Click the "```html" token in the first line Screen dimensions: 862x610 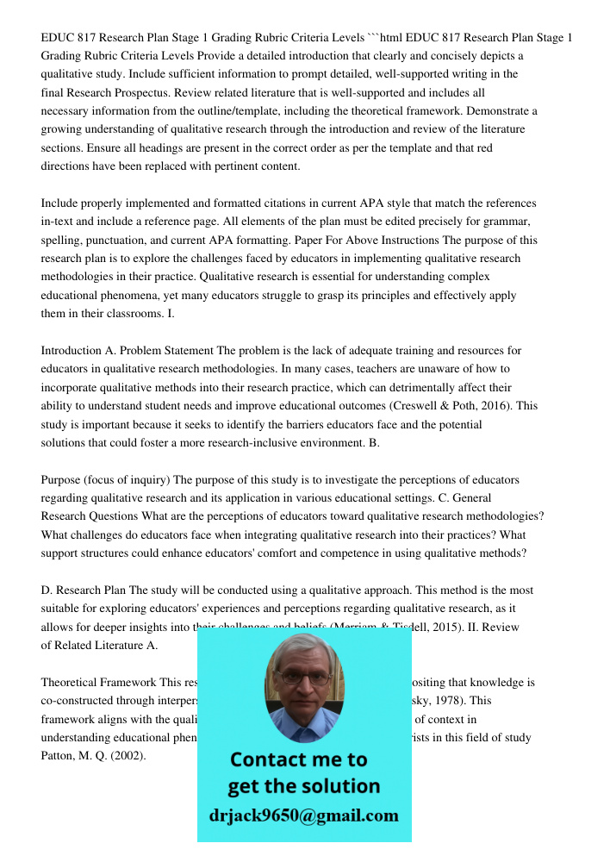(x=389, y=38)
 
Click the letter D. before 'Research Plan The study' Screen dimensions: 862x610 (x=47, y=590)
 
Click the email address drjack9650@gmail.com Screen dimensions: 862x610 (x=303, y=815)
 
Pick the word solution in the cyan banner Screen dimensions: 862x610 (x=341, y=786)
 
